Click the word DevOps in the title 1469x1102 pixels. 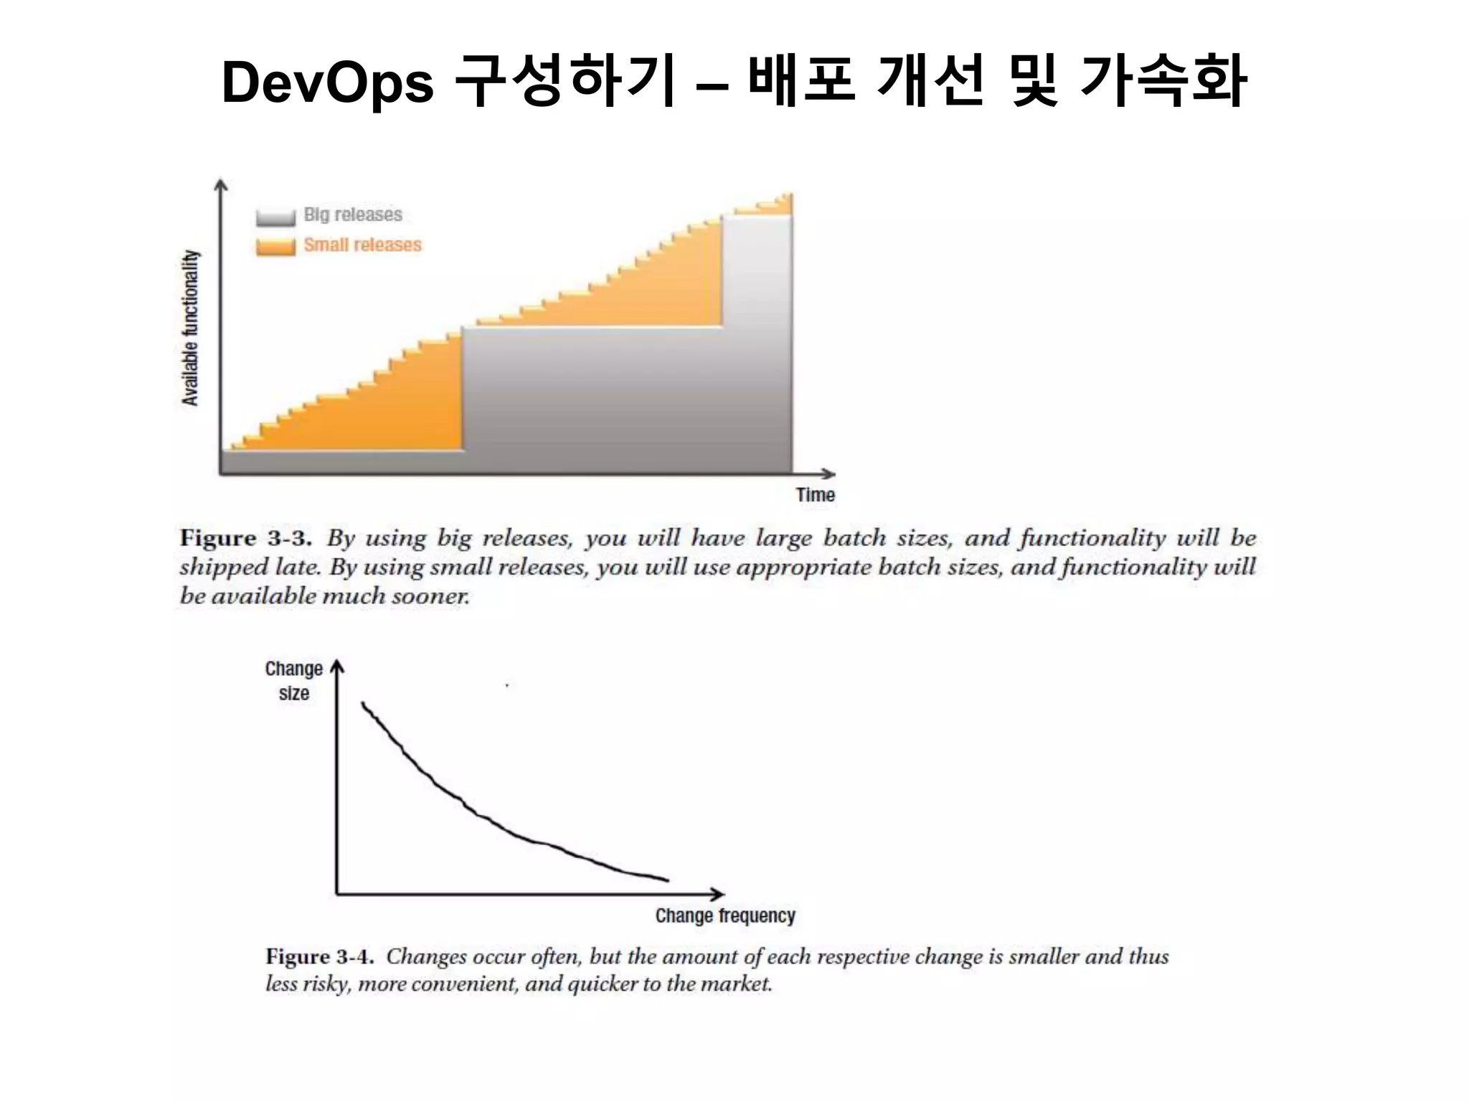327,83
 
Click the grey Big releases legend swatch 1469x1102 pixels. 275,217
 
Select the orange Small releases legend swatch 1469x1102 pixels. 275,246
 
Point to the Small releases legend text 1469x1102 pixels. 362,245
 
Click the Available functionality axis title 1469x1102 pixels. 190,328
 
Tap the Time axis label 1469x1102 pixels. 815,495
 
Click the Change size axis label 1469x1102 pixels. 293,681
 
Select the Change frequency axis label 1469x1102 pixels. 724,916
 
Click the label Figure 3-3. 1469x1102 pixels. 245,538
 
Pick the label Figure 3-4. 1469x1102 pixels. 319,956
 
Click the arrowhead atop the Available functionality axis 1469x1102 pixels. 221,185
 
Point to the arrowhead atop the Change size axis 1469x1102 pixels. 337,667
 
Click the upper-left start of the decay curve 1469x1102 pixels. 363,704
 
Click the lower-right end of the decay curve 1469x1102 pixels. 666,880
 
